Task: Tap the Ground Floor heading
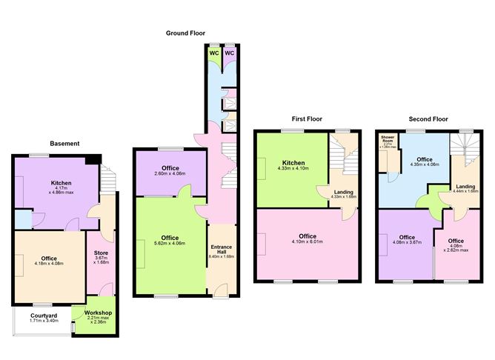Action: pos(187,33)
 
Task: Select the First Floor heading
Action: pos(305,119)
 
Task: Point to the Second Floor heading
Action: pos(428,119)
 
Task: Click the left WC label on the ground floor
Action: pos(213,53)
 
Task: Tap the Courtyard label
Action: pos(44,315)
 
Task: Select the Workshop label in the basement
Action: pos(97,313)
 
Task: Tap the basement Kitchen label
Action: pos(61,182)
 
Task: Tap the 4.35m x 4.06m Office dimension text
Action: pos(425,164)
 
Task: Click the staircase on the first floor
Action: pos(342,156)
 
